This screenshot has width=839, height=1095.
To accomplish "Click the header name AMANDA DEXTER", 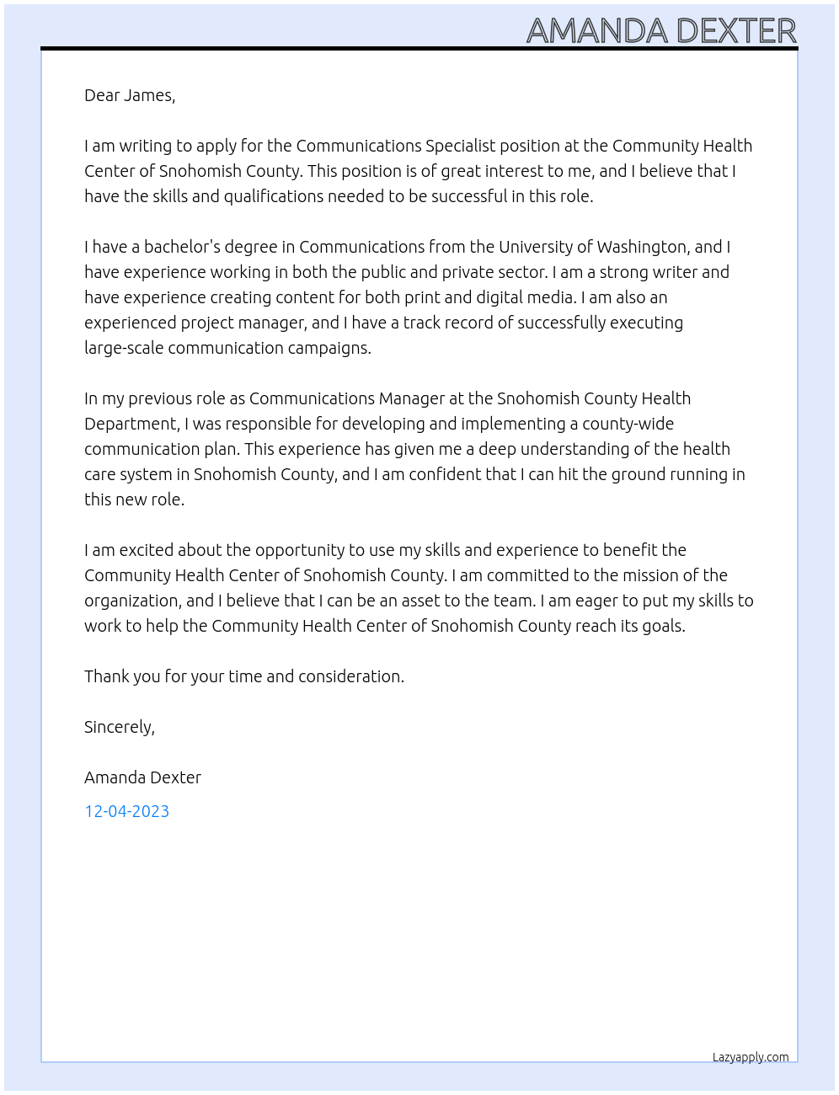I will coord(661,30).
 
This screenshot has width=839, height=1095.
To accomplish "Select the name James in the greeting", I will coord(149,95).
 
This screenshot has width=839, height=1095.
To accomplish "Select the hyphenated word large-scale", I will coord(124,348).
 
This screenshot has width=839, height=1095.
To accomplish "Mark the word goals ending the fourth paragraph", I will coord(662,626).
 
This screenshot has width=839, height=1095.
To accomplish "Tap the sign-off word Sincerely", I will coord(119,727).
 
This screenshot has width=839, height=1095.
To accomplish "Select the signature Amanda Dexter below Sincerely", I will coord(142,777).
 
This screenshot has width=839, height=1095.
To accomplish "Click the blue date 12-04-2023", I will coord(126,811).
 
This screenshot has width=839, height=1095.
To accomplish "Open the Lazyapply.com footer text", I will coord(750,1057).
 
